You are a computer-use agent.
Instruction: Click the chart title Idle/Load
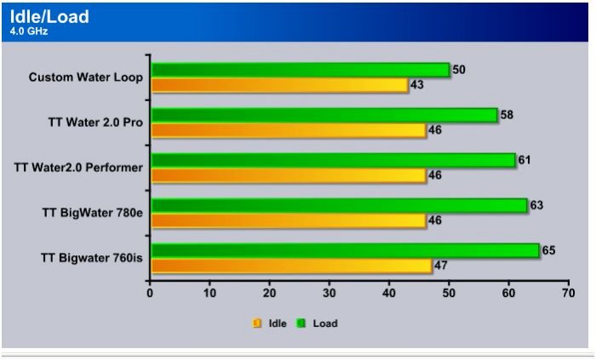tap(49, 17)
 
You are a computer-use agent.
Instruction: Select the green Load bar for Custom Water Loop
tap(300, 70)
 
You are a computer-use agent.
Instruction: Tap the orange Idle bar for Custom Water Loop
tap(279, 85)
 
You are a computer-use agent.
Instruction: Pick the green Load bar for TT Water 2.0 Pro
tap(324, 115)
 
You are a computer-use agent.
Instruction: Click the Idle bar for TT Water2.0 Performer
tap(288, 175)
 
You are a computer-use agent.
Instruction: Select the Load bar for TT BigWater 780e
tap(339, 205)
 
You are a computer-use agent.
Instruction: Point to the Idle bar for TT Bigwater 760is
tap(291, 266)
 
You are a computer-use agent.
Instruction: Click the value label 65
tap(550, 250)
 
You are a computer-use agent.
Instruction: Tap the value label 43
tap(417, 85)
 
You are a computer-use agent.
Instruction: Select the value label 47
tap(441, 266)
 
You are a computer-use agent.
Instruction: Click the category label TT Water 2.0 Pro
tap(95, 123)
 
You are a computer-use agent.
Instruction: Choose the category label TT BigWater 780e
tap(92, 212)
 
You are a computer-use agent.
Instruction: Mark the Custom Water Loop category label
tap(85, 77)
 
